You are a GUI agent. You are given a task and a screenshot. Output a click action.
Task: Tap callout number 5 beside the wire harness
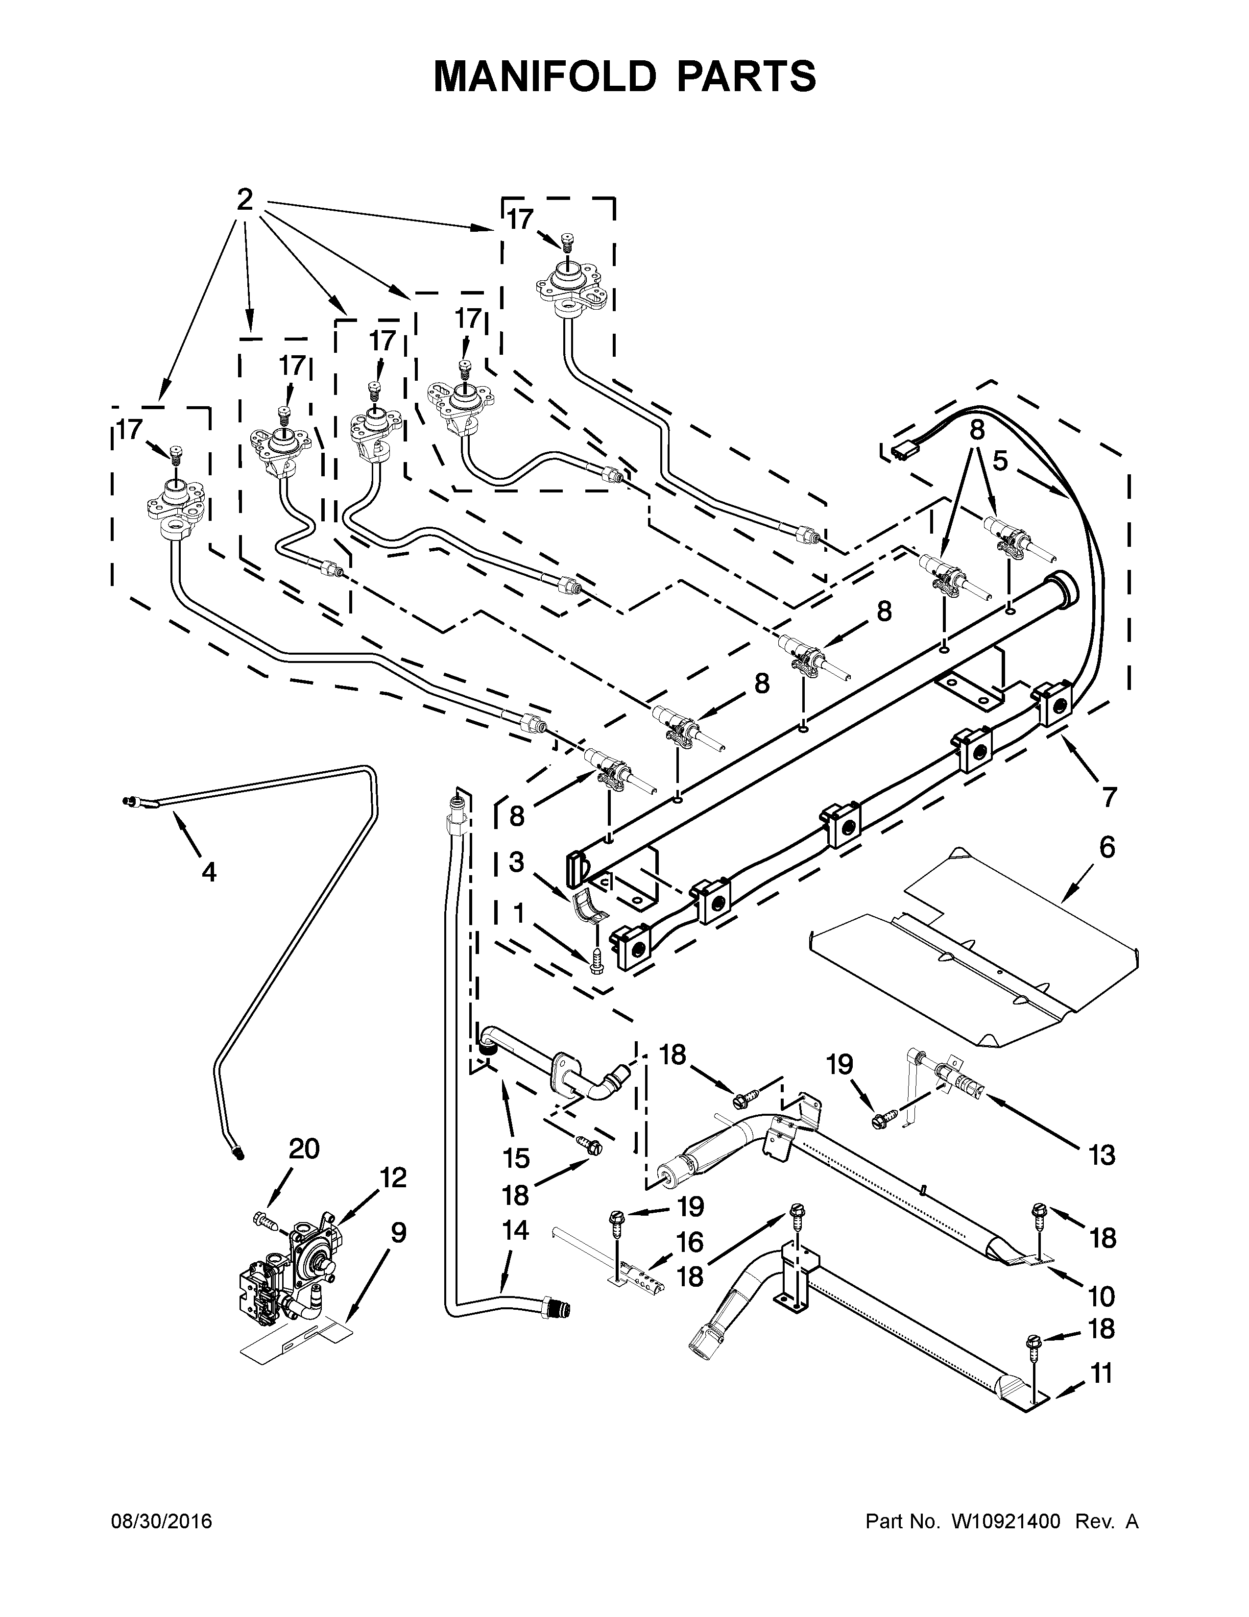1000,461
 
